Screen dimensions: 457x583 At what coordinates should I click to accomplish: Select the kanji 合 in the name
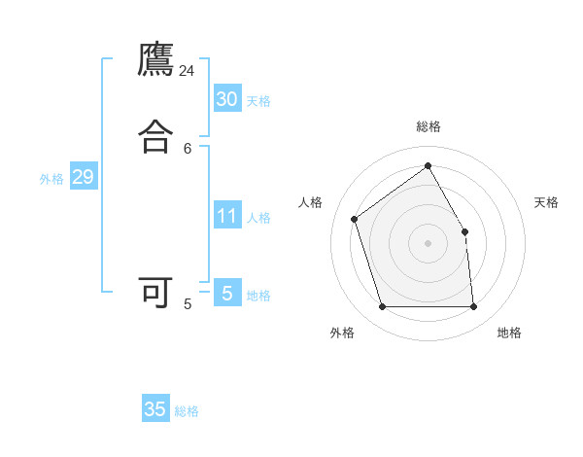pyautogui.click(x=155, y=136)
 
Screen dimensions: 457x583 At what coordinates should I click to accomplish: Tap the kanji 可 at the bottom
pyautogui.click(x=155, y=293)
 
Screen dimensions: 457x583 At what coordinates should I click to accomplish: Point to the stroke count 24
pyautogui.click(x=188, y=71)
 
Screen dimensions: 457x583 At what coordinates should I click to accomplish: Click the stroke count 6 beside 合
pyautogui.click(x=188, y=148)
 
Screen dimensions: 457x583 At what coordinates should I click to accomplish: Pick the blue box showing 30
pyautogui.click(x=226, y=98)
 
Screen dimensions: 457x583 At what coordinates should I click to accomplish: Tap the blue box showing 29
pyautogui.click(x=83, y=177)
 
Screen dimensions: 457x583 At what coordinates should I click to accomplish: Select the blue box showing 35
pyautogui.click(x=155, y=409)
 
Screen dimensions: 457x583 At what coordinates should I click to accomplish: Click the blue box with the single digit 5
pyautogui.click(x=226, y=293)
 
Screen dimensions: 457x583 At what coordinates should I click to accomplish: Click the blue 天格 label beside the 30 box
pyautogui.click(x=258, y=101)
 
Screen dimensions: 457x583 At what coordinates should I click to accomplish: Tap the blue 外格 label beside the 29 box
pyautogui.click(x=51, y=179)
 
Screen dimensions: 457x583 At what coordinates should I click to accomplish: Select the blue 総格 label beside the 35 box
pyautogui.click(x=187, y=411)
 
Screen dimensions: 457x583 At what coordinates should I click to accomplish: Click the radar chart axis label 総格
pyautogui.click(x=429, y=126)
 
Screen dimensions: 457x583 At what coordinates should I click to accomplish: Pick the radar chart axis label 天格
pyautogui.click(x=547, y=202)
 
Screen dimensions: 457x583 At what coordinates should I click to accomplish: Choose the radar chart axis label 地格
pyautogui.click(x=509, y=333)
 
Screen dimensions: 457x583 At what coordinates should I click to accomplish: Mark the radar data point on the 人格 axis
pyautogui.click(x=355, y=219)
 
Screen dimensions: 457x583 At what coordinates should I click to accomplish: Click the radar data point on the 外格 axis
pyautogui.click(x=382, y=307)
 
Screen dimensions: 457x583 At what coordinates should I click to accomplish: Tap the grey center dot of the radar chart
pyautogui.click(x=428, y=242)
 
